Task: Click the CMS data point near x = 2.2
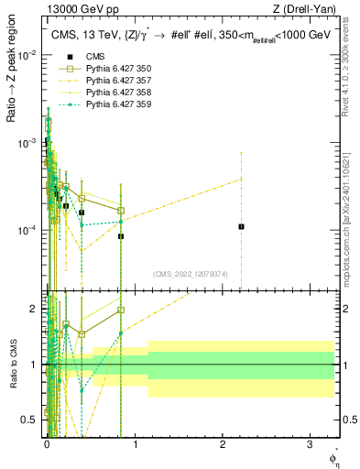tap(241, 226)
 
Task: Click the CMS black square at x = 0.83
tap(121, 236)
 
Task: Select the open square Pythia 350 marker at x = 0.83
tap(121, 211)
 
